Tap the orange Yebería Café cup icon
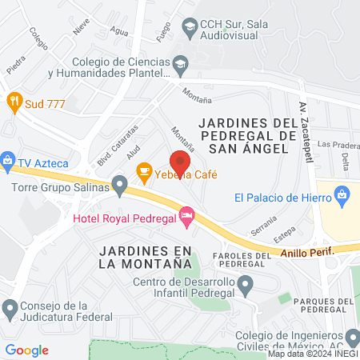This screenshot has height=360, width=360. (144, 170)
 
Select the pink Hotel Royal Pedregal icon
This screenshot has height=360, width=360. (186, 214)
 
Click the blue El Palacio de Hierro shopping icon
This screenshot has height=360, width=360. (342, 194)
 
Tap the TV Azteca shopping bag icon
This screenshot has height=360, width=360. (8, 160)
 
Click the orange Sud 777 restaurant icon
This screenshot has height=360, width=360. (14, 102)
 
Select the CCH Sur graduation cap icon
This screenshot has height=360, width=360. (190, 29)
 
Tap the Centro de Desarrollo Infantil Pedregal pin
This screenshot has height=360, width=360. (246, 283)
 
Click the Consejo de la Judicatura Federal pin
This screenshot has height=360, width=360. (10, 307)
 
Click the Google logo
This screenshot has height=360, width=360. (27, 350)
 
